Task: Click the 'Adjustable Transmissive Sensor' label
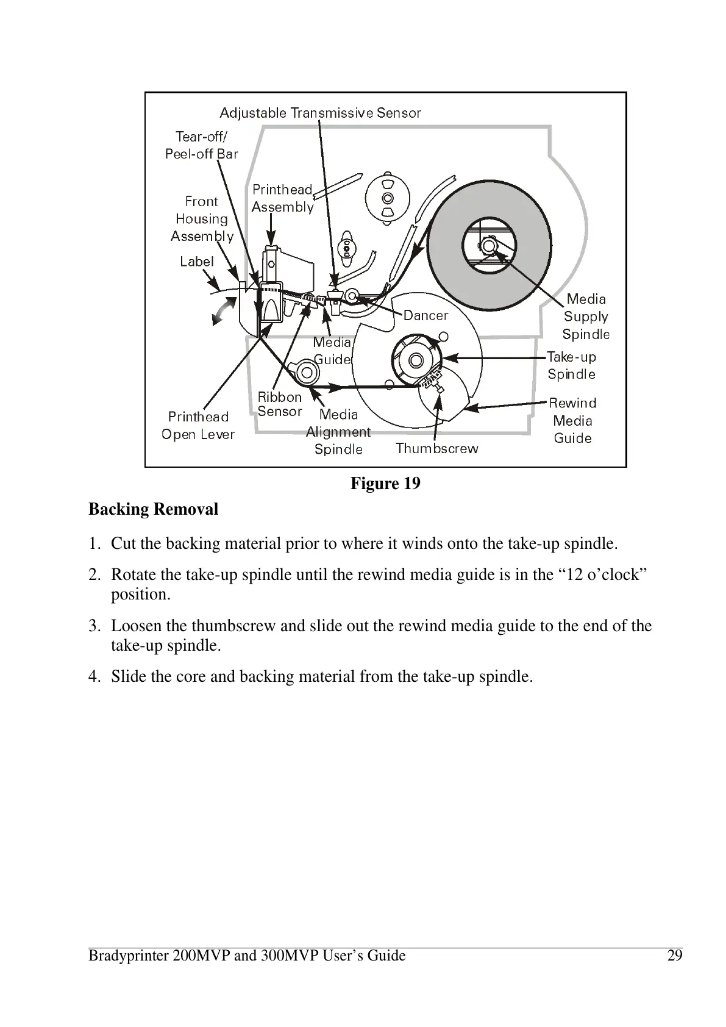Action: [320, 113]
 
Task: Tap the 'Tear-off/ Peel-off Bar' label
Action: [201, 145]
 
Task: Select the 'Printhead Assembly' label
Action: [282, 198]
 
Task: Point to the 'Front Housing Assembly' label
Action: [202, 218]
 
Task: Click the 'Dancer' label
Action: [425, 315]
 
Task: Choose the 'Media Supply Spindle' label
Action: [585, 317]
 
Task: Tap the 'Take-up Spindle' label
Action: [571, 365]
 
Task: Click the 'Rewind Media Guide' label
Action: [572, 420]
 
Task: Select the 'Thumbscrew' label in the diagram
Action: [437, 448]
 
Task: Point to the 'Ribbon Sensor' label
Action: [280, 404]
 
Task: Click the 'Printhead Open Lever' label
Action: [198, 425]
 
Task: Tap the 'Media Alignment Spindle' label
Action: [338, 432]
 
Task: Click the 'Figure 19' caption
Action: [385, 484]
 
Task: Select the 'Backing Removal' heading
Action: [153, 509]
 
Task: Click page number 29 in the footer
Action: [674, 955]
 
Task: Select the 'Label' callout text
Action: [197, 262]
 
